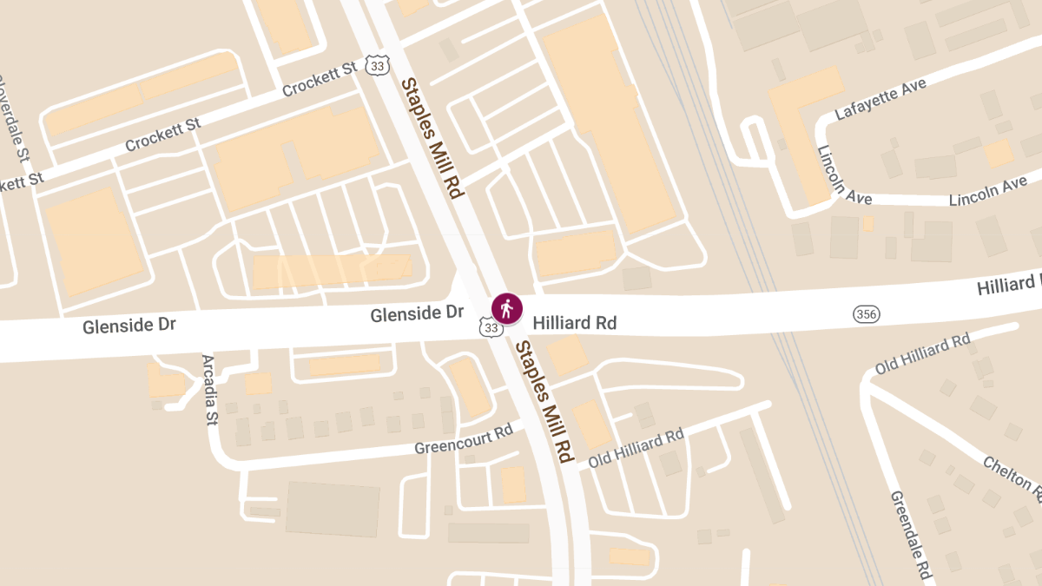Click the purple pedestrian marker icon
[507, 308]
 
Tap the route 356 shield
[866, 313]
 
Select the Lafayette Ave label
[880, 98]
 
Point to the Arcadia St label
[209, 390]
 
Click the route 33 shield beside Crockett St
[377, 64]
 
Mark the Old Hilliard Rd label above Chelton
[922, 353]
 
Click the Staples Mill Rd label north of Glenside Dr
[432, 137]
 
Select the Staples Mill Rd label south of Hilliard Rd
[545, 400]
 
